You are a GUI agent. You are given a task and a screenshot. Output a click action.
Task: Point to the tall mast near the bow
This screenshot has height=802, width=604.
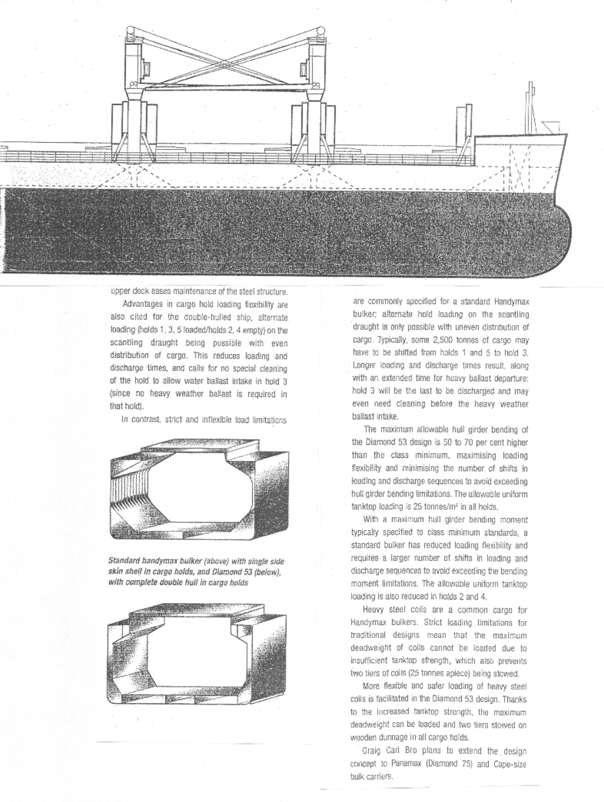coord(530,107)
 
